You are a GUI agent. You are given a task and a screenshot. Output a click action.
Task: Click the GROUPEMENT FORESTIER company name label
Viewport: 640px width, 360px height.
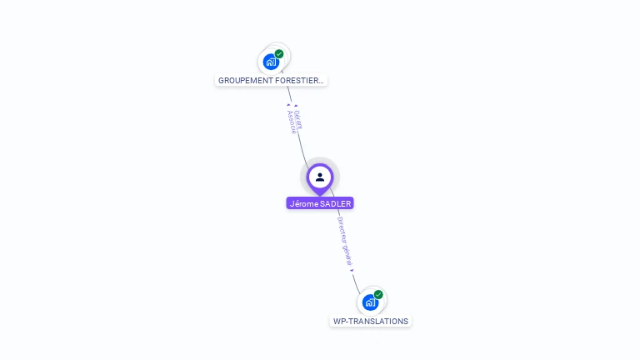pos(271,81)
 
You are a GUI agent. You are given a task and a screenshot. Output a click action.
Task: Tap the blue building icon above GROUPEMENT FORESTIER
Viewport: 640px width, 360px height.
pos(270,62)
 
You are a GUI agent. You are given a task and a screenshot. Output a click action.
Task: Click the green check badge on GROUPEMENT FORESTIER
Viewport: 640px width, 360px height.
pos(279,54)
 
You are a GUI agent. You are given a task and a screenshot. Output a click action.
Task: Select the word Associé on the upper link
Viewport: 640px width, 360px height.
pos(292,122)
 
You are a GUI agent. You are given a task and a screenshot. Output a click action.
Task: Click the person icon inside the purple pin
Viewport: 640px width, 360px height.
pos(320,177)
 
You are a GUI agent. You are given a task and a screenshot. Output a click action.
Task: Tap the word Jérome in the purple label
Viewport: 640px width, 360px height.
pos(304,203)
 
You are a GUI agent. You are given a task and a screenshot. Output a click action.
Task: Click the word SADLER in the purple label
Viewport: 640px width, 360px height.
pos(335,203)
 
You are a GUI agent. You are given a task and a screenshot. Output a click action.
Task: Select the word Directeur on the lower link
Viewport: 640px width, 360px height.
pos(342,229)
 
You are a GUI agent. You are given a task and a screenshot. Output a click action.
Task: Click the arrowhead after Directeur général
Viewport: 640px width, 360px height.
pos(352,270)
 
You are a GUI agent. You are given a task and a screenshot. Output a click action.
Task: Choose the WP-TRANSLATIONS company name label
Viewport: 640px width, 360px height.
pos(371,321)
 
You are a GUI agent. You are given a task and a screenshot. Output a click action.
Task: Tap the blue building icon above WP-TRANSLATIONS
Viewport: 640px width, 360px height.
pos(369,302)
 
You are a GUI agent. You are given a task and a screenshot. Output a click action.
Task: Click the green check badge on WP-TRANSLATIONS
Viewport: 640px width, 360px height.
pos(378,294)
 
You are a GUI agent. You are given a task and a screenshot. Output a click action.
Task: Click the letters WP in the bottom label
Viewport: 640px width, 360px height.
pos(339,321)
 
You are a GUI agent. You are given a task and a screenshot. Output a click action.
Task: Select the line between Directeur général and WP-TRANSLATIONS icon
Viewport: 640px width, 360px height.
pos(357,282)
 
